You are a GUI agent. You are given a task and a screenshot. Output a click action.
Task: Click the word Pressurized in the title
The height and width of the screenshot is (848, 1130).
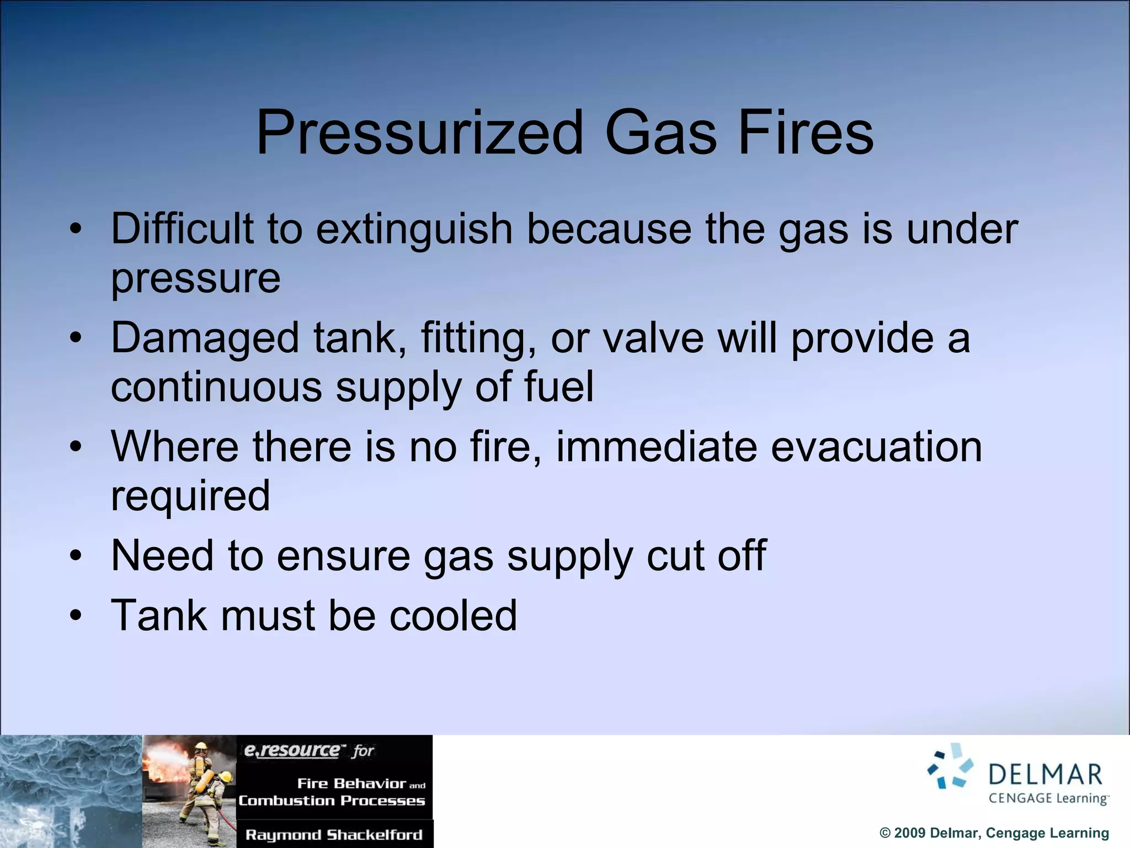(419, 134)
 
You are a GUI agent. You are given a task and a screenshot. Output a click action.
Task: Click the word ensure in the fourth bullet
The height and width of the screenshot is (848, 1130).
(343, 555)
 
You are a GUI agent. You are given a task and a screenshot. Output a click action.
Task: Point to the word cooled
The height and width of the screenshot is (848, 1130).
(453, 615)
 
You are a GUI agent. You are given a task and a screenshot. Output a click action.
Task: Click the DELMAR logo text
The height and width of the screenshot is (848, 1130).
(1045, 775)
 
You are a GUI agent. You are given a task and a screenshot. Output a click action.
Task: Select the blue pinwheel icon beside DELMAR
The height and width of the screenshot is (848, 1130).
(950, 766)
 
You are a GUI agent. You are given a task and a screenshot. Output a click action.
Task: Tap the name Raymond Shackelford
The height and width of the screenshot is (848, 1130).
(334, 834)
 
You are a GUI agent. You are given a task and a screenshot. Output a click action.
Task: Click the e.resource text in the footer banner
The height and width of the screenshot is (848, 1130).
(292, 750)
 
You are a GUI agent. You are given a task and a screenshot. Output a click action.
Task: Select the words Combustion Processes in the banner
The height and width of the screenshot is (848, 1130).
(332, 801)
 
